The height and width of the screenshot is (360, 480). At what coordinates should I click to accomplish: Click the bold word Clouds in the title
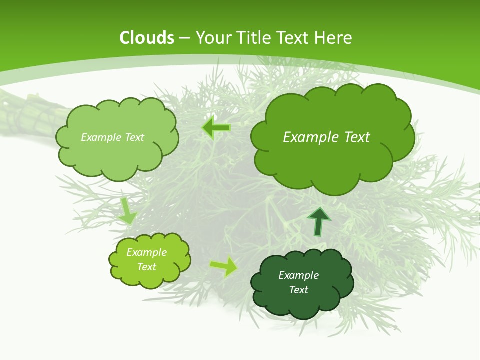tap(146, 38)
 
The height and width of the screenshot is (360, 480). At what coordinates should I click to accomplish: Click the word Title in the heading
tap(253, 38)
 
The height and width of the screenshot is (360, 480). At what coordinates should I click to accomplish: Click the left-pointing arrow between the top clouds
tap(216, 128)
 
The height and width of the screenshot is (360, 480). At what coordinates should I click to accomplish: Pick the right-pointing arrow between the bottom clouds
tap(224, 266)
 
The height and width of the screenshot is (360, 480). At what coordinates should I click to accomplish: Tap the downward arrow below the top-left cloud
tap(128, 211)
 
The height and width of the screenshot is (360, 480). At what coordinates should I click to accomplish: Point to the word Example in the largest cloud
tap(306, 137)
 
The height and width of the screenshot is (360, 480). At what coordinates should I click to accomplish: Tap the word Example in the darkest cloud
tap(298, 275)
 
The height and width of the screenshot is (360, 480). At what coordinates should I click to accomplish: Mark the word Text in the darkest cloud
tap(298, 290)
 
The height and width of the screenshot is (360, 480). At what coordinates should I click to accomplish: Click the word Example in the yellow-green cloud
tap(146, 252)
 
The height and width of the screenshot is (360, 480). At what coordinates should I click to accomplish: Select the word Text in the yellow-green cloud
tap(146, 267)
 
